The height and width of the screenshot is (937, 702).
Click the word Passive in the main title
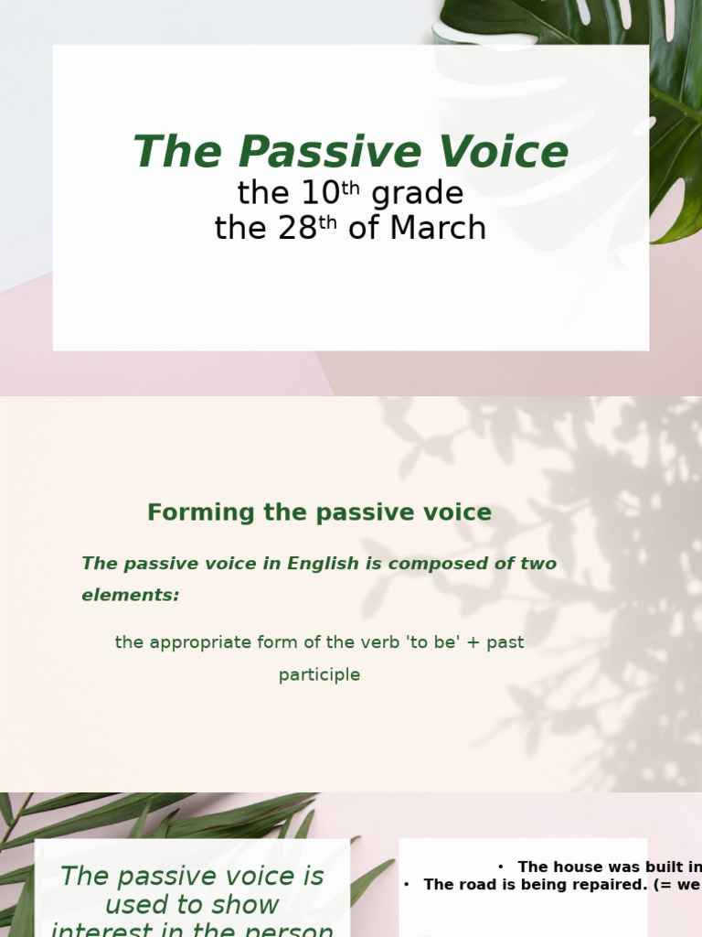pos(316,153)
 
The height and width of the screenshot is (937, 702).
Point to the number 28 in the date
pos(297,229)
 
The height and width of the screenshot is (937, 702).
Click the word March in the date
pos(438,229)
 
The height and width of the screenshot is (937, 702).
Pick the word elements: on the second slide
pos(131,596)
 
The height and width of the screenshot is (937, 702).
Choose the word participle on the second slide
pos(320,675)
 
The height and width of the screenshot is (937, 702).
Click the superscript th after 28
pos(327,222)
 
